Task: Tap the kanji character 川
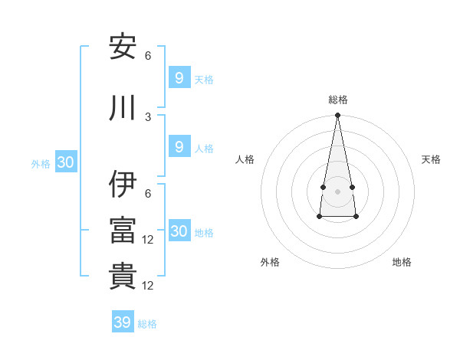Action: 123,107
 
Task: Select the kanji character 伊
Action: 123,184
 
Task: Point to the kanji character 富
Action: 123,230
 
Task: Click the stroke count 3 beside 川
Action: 148,116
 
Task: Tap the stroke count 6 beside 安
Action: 148,56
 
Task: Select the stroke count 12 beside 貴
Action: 149,286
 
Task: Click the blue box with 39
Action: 123,322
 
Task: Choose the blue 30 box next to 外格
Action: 65,162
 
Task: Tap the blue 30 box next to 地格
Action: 179,231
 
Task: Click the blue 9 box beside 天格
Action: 179,77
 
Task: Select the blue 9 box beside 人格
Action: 179,147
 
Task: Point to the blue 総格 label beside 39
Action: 147,324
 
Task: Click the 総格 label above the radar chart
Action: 338,100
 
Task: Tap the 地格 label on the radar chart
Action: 402,262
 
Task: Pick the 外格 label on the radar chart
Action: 270,262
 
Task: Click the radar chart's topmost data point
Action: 338,116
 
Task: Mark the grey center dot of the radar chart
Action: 338,191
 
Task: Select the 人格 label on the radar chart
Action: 245,159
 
